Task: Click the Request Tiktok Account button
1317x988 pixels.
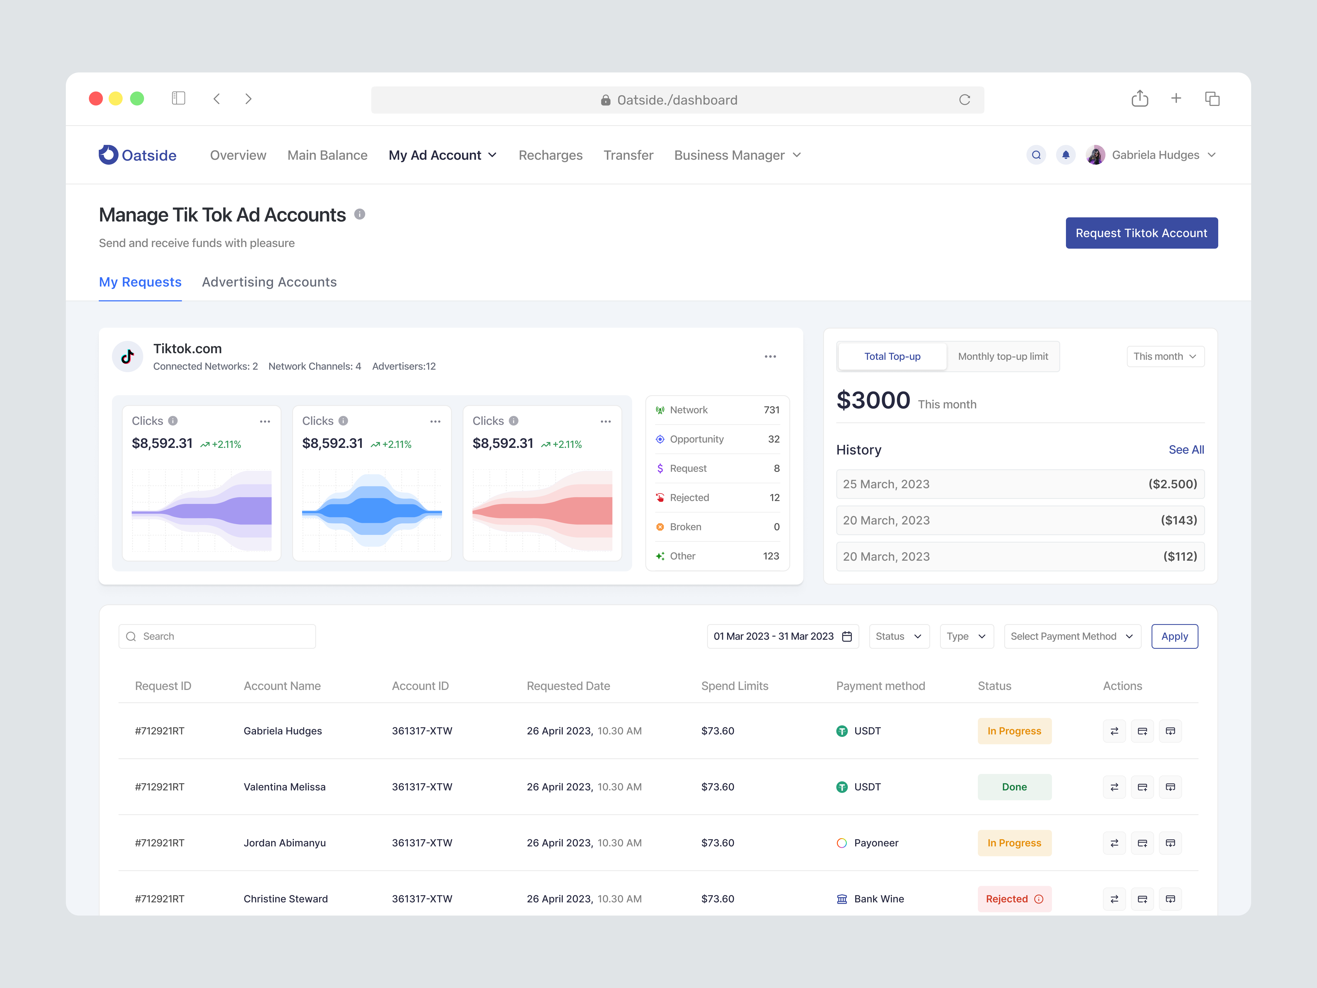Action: pyautogui.click(x=1141, y=233)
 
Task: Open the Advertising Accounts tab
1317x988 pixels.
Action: pyautogui.click(x=269, y=282)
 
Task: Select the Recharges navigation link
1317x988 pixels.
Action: pyautogui.click(x=550, y=155)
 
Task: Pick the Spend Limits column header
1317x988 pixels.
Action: pyautogui.click(x=734, y=686)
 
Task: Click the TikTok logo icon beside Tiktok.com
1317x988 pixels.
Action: pyautogui.click(x=127, y=357)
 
